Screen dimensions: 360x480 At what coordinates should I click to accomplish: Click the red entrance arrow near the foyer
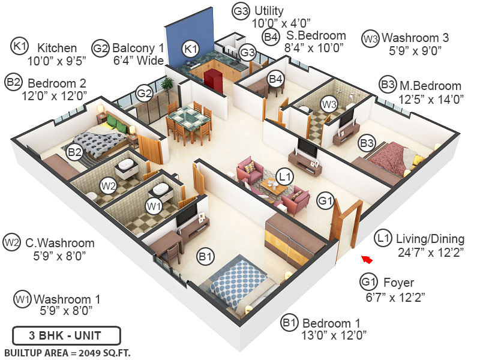[x=367, y=259]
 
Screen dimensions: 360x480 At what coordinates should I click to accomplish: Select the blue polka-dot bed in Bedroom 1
[x=239, y=281]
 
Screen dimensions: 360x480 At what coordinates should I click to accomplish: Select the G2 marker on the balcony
[x=144, y=93]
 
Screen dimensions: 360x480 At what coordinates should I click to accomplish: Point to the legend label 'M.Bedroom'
[x=430, y=86]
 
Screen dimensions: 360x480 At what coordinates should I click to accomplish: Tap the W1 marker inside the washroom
[x=154, y=206]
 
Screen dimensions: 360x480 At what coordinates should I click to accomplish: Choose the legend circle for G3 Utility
[x=241, y=11]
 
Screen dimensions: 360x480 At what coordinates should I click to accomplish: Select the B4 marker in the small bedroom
[x=275, y=79]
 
